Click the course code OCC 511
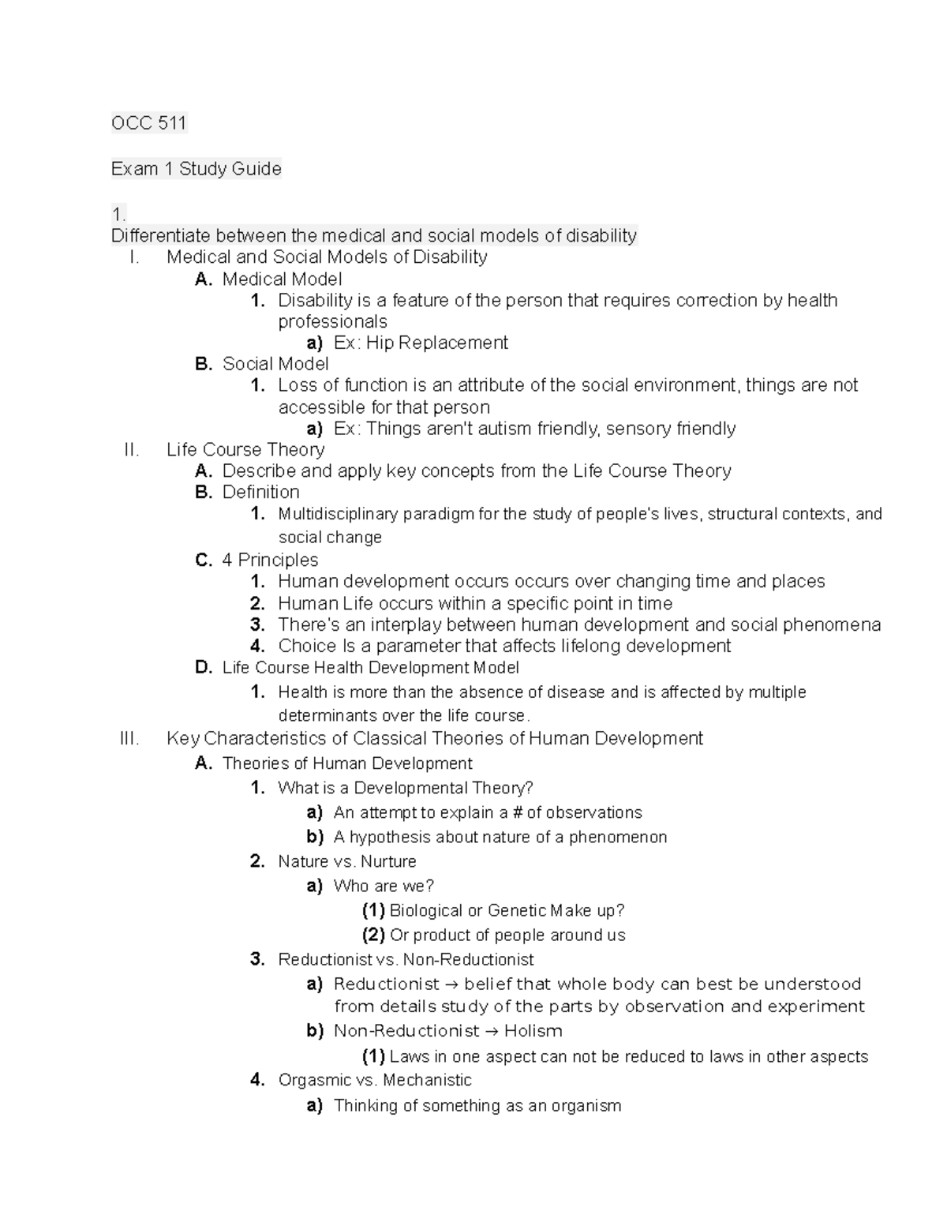[148, 123]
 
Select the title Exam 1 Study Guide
[196, 169]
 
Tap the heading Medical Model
[282, 279]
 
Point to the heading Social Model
[275, 364]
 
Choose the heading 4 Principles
[270, 561]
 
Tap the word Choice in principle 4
[307, 646]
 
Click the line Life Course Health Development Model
[370, 668]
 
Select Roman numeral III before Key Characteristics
[129, 739]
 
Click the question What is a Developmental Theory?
[406, 788]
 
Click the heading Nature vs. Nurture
[346, 861]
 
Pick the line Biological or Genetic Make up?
[507, 910]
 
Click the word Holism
[533, 1031]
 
